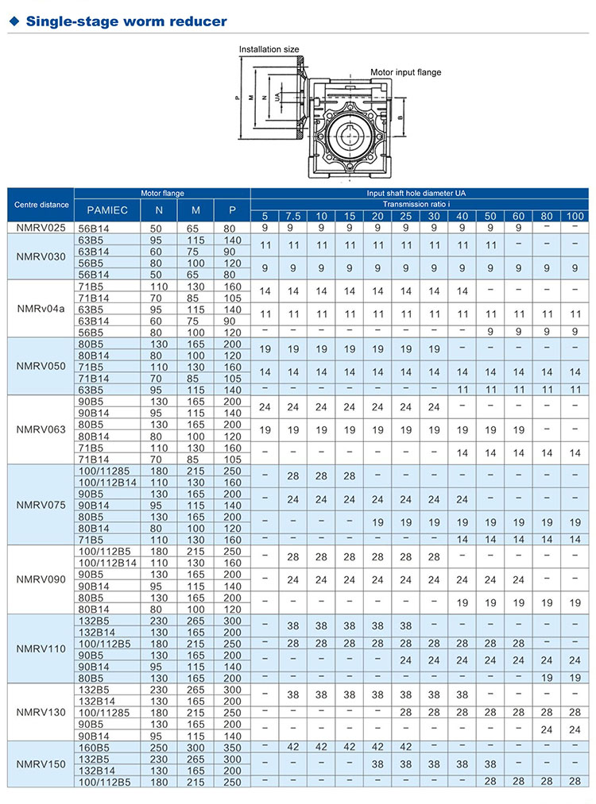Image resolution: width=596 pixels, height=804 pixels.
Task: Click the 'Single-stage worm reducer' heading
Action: [x=126, y=21]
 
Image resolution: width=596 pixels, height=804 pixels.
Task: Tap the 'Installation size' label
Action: [x=269, y=49]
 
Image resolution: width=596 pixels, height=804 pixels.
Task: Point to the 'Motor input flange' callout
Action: [x=405, y=72]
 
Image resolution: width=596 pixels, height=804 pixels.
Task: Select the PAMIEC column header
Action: [x=107, y=210]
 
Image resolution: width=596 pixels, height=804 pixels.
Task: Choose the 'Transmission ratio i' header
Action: [x=420, y=203]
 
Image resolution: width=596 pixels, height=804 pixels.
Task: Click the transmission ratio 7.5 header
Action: [x=293, y=216]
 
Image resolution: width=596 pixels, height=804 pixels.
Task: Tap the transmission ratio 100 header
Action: [x=575, y=216]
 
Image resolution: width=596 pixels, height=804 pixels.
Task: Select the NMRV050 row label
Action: [x=41, y=367]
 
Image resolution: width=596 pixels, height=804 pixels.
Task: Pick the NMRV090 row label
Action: [x=41, y=578]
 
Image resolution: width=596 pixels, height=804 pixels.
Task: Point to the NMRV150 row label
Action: [x=41, y=764]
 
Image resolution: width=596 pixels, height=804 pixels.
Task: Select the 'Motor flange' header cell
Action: [x=162, y=193]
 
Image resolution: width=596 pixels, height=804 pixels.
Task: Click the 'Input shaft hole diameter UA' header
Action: [x=420, y=193]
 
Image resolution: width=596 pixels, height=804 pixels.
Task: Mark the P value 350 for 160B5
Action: [x=232, y=747]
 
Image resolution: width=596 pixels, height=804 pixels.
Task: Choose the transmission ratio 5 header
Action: [x=265, y=216]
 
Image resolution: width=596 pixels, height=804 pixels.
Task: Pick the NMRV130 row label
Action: [x=41, y=712]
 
